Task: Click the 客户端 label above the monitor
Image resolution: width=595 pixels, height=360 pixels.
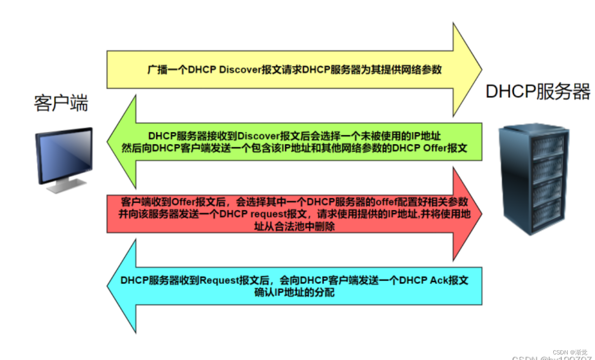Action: (x=61, y=103)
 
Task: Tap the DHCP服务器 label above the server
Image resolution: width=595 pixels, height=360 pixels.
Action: (x=538, y=92)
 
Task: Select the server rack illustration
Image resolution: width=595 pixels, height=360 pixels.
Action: (x=531, y=178)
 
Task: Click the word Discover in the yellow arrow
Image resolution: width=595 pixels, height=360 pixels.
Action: (x=240, y=69)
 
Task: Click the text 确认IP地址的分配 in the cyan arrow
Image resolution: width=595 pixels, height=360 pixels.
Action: (x=294, y=293)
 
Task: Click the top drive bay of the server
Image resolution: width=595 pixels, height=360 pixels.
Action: (x=547, y=145)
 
